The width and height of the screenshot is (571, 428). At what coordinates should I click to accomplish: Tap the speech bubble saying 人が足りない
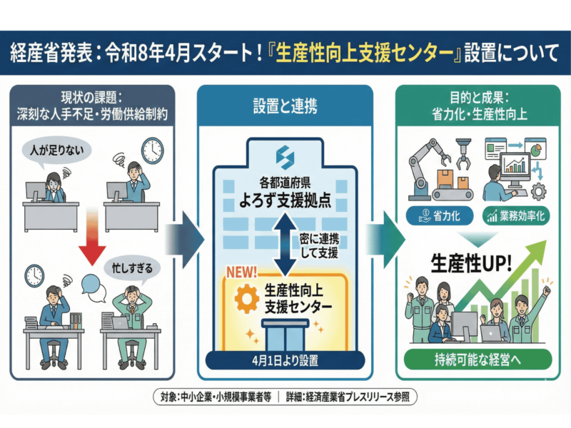click(x=53, y=151)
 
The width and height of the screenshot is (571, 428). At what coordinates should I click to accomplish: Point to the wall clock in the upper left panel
click(x=152, y=150)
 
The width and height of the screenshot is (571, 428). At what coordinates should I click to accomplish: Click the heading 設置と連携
click(x=285, y=108)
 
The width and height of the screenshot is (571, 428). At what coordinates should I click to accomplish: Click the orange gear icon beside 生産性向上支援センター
click(x=246, y=298)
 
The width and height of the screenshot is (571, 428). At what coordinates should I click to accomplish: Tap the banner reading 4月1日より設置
click(x=285, y=359)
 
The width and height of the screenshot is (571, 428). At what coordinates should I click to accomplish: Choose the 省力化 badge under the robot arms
click(x=438, y=215)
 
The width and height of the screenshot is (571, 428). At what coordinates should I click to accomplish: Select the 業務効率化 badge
click(x=515, y=215)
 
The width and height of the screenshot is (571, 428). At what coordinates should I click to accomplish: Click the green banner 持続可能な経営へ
click(x=473, y=359)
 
